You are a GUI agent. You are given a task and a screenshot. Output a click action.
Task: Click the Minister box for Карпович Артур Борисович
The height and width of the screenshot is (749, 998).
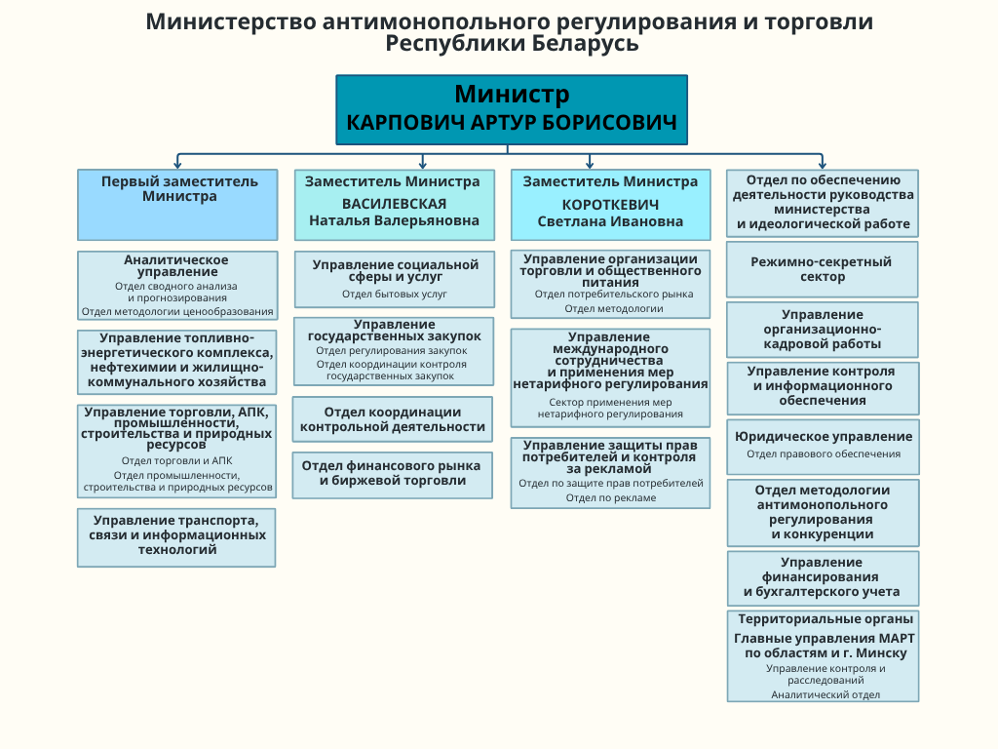tap(512, 109)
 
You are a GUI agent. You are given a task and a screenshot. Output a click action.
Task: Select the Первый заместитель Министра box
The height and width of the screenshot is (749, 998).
tap(176, 205)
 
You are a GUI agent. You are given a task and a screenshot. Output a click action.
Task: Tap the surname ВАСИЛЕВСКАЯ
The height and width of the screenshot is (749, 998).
tap(394, 204)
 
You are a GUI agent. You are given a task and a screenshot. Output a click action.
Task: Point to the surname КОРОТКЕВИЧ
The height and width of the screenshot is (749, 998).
tap(610, 205)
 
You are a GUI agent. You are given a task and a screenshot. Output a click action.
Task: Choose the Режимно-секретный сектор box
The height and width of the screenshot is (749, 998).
tap(822, 269)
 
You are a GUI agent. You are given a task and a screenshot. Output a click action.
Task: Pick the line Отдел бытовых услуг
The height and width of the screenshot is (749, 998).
tap(395, 294)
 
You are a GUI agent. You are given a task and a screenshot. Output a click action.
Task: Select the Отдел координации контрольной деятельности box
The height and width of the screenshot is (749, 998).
tap(393, 419)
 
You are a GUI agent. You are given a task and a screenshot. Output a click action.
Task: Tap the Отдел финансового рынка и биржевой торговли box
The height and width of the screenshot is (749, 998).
tap(393, 474)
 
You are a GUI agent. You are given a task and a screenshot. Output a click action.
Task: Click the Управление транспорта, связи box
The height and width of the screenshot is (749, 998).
tap(176, 535)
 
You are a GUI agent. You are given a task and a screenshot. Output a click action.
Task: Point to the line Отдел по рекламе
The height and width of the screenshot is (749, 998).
tap(611, 497)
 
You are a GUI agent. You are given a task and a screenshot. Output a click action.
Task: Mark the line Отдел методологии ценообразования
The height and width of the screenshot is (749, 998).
tap(176, 311)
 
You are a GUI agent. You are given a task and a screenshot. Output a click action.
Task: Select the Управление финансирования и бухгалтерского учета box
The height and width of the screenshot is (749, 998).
tap(822, 577)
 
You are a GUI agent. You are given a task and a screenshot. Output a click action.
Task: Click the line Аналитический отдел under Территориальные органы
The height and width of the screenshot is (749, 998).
tap(825, 694)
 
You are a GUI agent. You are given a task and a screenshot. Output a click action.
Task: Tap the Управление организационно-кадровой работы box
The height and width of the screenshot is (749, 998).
tap(822, 329)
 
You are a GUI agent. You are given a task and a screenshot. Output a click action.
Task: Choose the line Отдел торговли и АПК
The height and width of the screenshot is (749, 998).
tap(176, 460)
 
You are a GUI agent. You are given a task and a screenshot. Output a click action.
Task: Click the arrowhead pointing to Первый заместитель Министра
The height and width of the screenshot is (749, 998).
tap(176, 164)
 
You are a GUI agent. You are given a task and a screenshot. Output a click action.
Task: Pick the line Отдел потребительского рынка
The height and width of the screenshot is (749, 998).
tap(614, 294)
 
